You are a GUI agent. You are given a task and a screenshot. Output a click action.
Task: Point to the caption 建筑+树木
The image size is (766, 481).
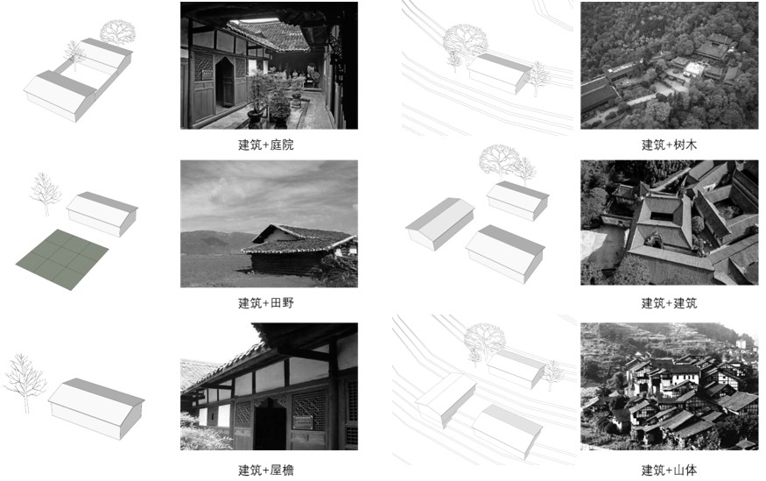pos(669,145)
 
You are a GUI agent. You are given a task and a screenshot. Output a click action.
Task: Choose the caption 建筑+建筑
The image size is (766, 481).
pos(669,303)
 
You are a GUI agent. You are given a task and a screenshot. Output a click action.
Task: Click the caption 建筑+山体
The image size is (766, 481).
pos(669,470)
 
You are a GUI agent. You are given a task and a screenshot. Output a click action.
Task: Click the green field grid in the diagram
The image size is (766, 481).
pos(62,258)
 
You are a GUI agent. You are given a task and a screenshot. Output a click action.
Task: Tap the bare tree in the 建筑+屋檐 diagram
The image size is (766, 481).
pos(25,382)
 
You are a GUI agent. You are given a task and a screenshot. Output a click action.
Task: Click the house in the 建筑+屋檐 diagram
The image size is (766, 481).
pos(96,407)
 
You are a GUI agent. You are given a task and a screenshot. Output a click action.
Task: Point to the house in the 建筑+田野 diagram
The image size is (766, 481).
pos(102,214)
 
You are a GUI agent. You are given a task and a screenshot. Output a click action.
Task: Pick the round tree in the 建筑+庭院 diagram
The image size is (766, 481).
pos(117,33)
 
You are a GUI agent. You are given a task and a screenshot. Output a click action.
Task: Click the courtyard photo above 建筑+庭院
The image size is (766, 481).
pos(269,66)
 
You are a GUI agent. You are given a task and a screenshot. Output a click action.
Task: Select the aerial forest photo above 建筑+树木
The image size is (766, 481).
pos(669,66)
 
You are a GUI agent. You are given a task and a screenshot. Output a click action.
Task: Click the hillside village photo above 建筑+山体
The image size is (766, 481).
pos(669,386)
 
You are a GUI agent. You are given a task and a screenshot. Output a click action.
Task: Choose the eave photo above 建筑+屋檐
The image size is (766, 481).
pos(269,386)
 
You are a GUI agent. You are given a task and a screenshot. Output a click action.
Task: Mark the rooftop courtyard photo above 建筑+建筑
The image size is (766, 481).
pos(669,223)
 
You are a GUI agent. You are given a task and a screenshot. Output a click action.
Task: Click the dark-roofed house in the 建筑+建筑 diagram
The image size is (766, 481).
pos(439,223)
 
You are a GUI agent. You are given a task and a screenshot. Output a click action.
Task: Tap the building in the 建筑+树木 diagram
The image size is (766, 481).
pos(498,74)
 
